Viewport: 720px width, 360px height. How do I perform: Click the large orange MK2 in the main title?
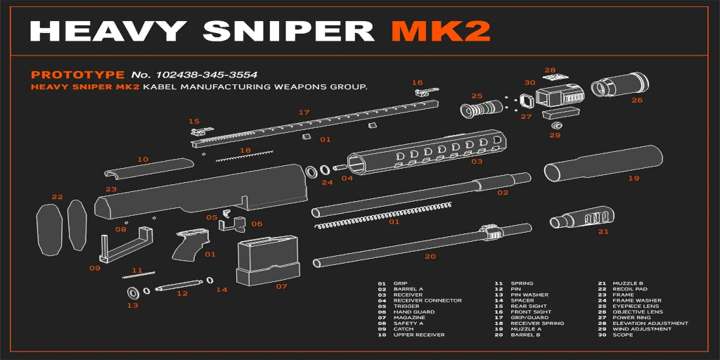coord(442,32)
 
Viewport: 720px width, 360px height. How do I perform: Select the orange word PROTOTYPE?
coord(78,75)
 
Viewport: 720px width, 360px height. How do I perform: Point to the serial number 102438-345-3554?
coord(207,75)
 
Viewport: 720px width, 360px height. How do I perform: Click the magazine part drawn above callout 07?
coord(266,260)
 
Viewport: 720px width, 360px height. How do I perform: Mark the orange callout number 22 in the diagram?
coord(58,197)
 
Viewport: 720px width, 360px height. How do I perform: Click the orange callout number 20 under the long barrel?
coord(430,257)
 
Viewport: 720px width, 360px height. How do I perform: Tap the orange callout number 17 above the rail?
coord(304,112)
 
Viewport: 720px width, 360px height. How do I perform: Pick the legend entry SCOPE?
coord(623,335)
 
